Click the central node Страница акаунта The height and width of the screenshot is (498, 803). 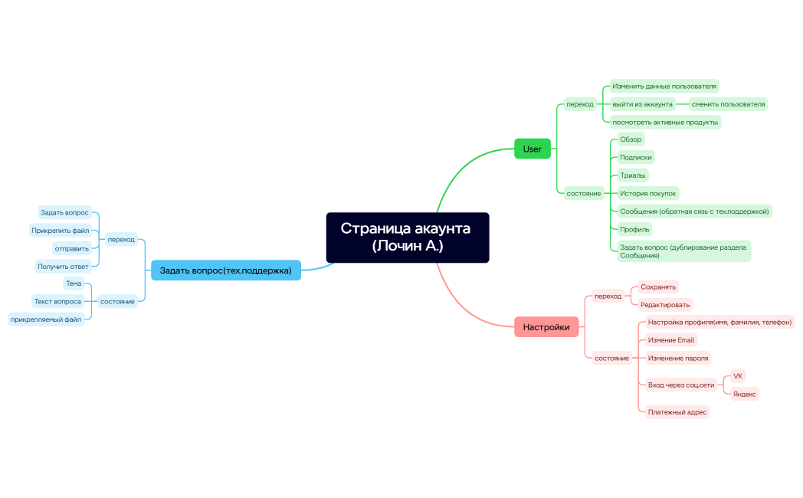coord(408,238)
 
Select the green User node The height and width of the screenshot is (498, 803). coord(532,149)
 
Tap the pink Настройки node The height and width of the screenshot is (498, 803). coord(546,327)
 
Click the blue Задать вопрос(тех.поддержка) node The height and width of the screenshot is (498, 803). coord(226,270)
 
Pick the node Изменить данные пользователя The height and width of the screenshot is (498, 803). coord(664,86)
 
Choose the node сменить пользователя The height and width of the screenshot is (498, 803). coord(728,104)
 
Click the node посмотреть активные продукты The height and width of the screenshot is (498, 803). coord(665,123)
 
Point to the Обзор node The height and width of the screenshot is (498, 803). coord(631,139)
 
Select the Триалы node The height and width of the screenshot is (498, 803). coord(632,175)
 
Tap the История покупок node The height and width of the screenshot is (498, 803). coord(647,194)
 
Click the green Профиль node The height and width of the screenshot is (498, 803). coord(634,229)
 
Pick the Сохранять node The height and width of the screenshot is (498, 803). coord(658,287)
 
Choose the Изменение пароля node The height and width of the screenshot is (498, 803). coord(678,359)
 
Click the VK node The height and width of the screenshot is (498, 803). coord(737,376)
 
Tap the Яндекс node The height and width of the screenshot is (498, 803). coord(744,394)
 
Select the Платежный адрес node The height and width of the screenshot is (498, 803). coord(677,412)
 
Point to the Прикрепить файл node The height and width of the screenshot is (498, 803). coord(61,231)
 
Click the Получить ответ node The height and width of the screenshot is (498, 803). coord(63,267)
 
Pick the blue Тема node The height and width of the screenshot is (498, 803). coord(74,283)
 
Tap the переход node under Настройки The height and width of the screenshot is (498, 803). coord(608,297)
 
